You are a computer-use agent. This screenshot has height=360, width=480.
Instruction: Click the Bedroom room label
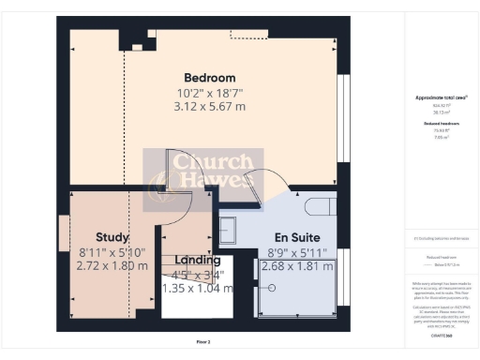[x=209, y=77]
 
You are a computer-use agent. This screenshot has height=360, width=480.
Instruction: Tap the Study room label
[x=112, y=237]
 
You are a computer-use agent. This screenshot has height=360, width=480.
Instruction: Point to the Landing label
[x=198, y=260]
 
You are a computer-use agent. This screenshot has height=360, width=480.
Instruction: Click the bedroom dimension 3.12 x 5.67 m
[x=209, y=106]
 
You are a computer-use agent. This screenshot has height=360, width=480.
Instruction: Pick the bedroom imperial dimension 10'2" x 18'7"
[x=209, y=92]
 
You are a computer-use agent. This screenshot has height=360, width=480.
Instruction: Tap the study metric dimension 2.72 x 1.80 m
[x=112, y=265]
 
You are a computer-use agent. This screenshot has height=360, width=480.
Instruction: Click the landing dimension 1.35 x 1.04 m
[x=199, y=288]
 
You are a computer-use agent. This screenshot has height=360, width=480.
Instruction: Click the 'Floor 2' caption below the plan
[x=203, y=341]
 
